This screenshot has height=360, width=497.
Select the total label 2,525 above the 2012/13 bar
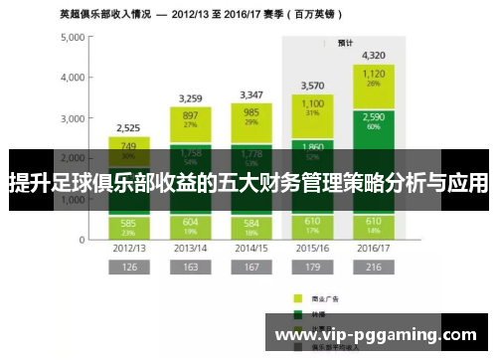(x=128, y=128)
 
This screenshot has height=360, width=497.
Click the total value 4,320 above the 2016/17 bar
(x=375, y=56)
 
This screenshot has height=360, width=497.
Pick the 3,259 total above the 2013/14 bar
(x=190, y=98)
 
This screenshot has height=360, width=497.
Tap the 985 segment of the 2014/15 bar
(x=251, y=116)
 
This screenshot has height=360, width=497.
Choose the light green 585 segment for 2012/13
(x=128, y=225)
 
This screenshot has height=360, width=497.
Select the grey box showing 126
(x=128, y=268)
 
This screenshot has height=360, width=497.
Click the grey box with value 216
(x=375, y=268)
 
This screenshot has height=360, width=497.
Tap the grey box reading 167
(x=251, y=268)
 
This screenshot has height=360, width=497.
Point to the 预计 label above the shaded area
(x=345, y=43)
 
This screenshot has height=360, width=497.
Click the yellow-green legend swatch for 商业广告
(x=296, y=297)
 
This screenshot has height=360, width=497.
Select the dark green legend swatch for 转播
(x=296, y=311)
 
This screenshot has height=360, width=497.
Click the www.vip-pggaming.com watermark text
(x=376, y=335)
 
